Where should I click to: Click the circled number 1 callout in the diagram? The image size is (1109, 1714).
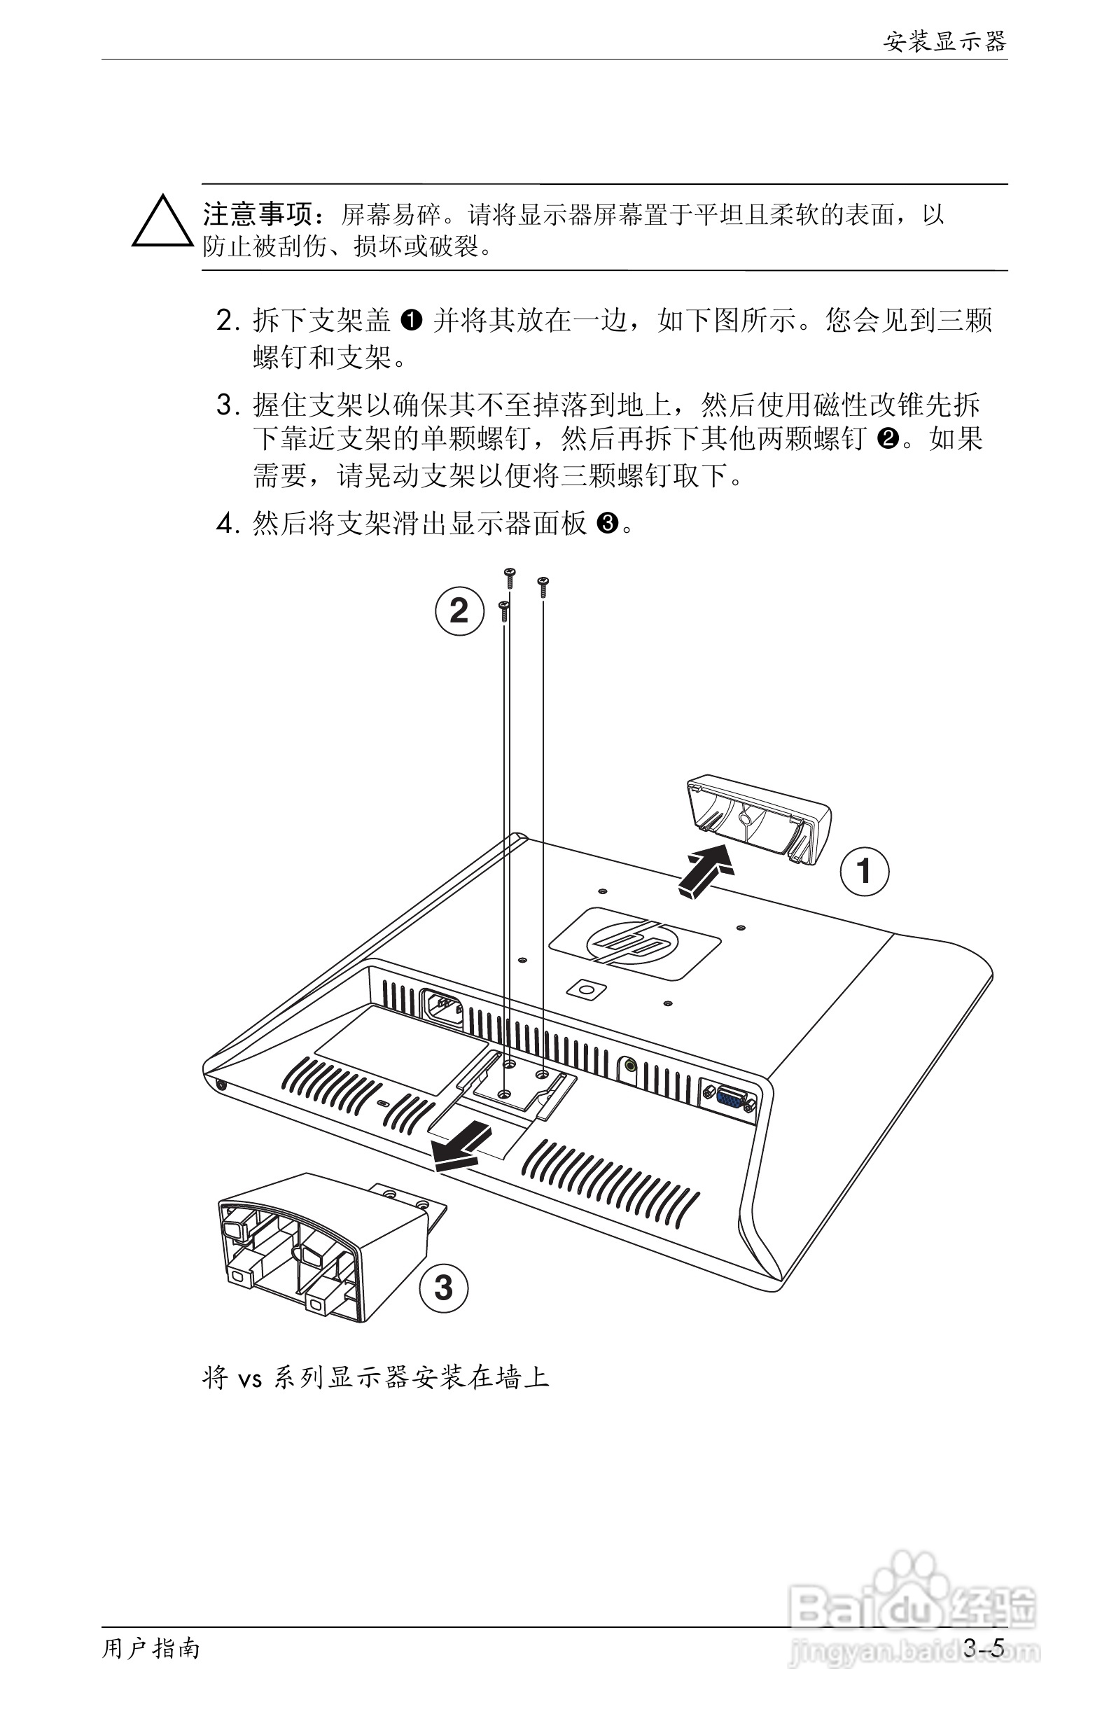click(864, 872)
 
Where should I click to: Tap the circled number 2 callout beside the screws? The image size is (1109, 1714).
click(459, 611)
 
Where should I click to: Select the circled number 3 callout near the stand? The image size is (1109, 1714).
click(444, 1287)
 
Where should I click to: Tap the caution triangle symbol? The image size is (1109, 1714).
click(162, 223)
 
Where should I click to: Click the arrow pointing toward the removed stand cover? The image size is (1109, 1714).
click(705, 872)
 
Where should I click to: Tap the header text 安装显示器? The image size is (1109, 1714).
click(944, 42)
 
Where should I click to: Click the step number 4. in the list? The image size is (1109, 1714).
click(228, 524)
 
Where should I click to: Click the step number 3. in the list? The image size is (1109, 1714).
click(228, 405)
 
